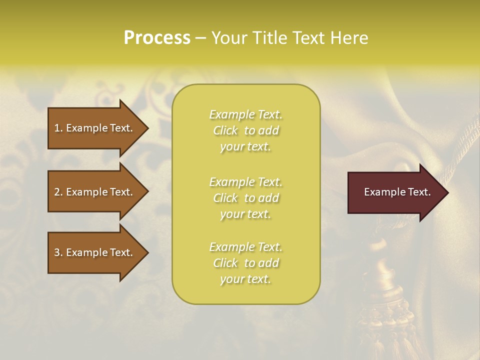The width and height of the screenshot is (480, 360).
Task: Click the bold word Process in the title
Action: [x=157, y=38]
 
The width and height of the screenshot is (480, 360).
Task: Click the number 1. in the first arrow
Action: [x=58, y=128]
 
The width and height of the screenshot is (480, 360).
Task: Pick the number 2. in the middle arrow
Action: [x=58, y=192]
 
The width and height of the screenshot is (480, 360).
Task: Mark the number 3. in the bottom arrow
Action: [x=58, y=252]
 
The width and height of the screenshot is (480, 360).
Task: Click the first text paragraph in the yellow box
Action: [x=245, y=130]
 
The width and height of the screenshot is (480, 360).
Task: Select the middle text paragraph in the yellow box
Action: [x=245, y=197]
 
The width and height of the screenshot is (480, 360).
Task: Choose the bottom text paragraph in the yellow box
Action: [x=245, y=263]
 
